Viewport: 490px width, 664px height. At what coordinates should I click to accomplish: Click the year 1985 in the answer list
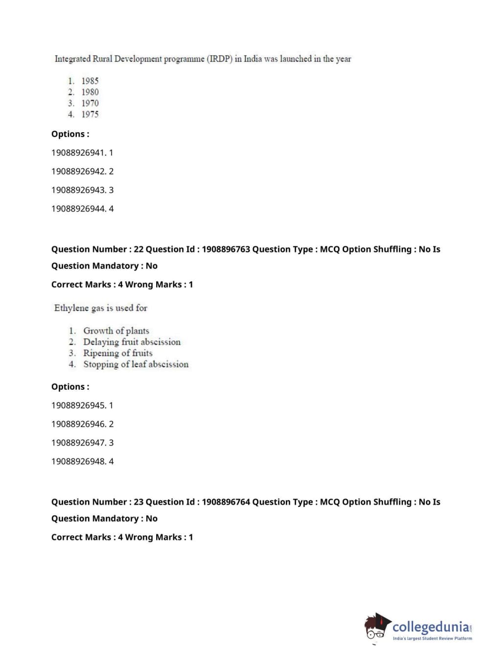tap(90, 81)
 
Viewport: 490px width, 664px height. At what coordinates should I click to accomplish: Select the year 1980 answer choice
tap(90, 92)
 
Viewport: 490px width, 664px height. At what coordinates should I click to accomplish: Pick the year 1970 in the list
tap(90, 103)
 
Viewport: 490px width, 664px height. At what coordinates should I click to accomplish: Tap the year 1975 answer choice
tap(90, 115)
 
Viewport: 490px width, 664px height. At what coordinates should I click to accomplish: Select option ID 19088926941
tap(78, 153)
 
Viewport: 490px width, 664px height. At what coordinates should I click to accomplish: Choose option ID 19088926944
tap(78, 209)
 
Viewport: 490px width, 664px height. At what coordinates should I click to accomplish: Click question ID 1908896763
tap(226, 249)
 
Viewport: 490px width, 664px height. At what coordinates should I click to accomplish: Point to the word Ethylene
tap(71, 308)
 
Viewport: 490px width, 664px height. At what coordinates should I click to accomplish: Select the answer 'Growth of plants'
tap(116, 331)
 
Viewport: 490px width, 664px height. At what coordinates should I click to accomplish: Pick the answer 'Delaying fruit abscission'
tap(132, 342)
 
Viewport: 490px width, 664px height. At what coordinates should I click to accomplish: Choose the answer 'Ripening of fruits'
tap(117, 353)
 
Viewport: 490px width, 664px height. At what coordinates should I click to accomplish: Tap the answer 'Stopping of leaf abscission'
tap(136, 364)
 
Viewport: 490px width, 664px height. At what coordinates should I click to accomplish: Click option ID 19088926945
tap(78, 405)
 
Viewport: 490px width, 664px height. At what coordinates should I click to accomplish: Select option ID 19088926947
tap(78, 443)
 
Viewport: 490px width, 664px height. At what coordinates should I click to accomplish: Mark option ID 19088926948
tap(78, 461)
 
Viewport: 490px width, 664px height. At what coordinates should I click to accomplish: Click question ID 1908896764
tap(226, 502)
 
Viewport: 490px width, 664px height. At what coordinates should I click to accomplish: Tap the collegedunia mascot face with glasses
tap(376, 628)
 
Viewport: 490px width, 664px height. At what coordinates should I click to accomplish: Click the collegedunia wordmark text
tap(431, 627)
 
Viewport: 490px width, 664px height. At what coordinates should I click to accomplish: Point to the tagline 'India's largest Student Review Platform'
tap(432, 639)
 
